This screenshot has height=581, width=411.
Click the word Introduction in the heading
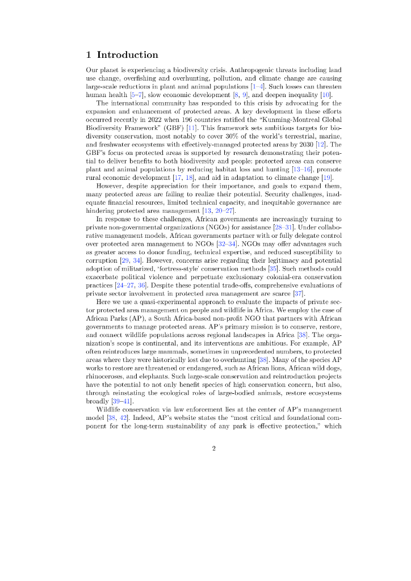click(x=128, y=55)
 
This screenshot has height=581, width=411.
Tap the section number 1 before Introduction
click(x=89, y=55)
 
